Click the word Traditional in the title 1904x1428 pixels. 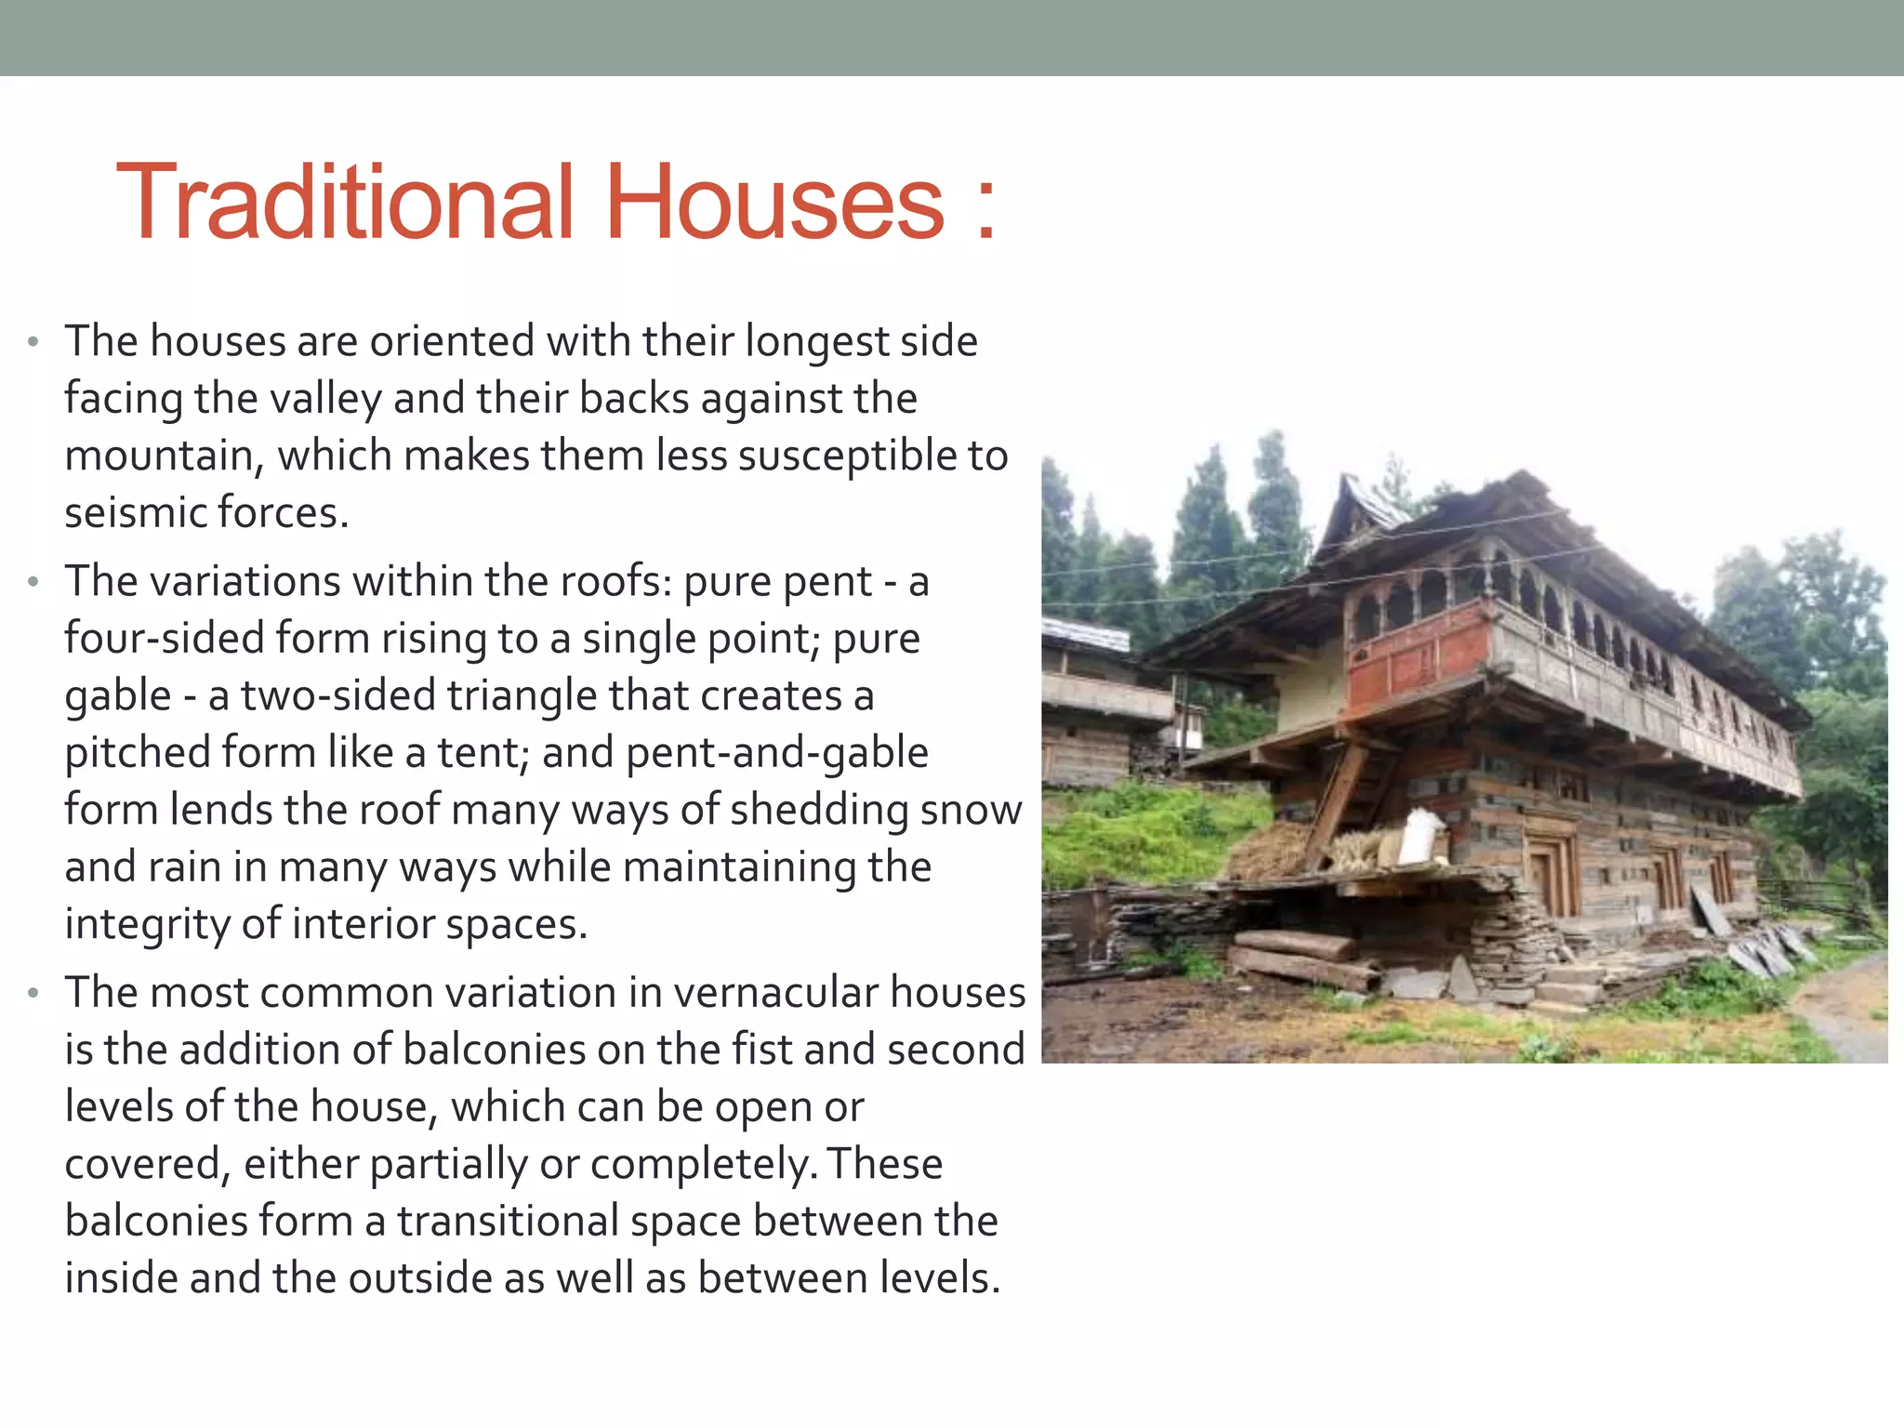coord(344,203)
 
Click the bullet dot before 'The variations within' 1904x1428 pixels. coord(33,583)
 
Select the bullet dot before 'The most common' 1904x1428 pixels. coord(33,994)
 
